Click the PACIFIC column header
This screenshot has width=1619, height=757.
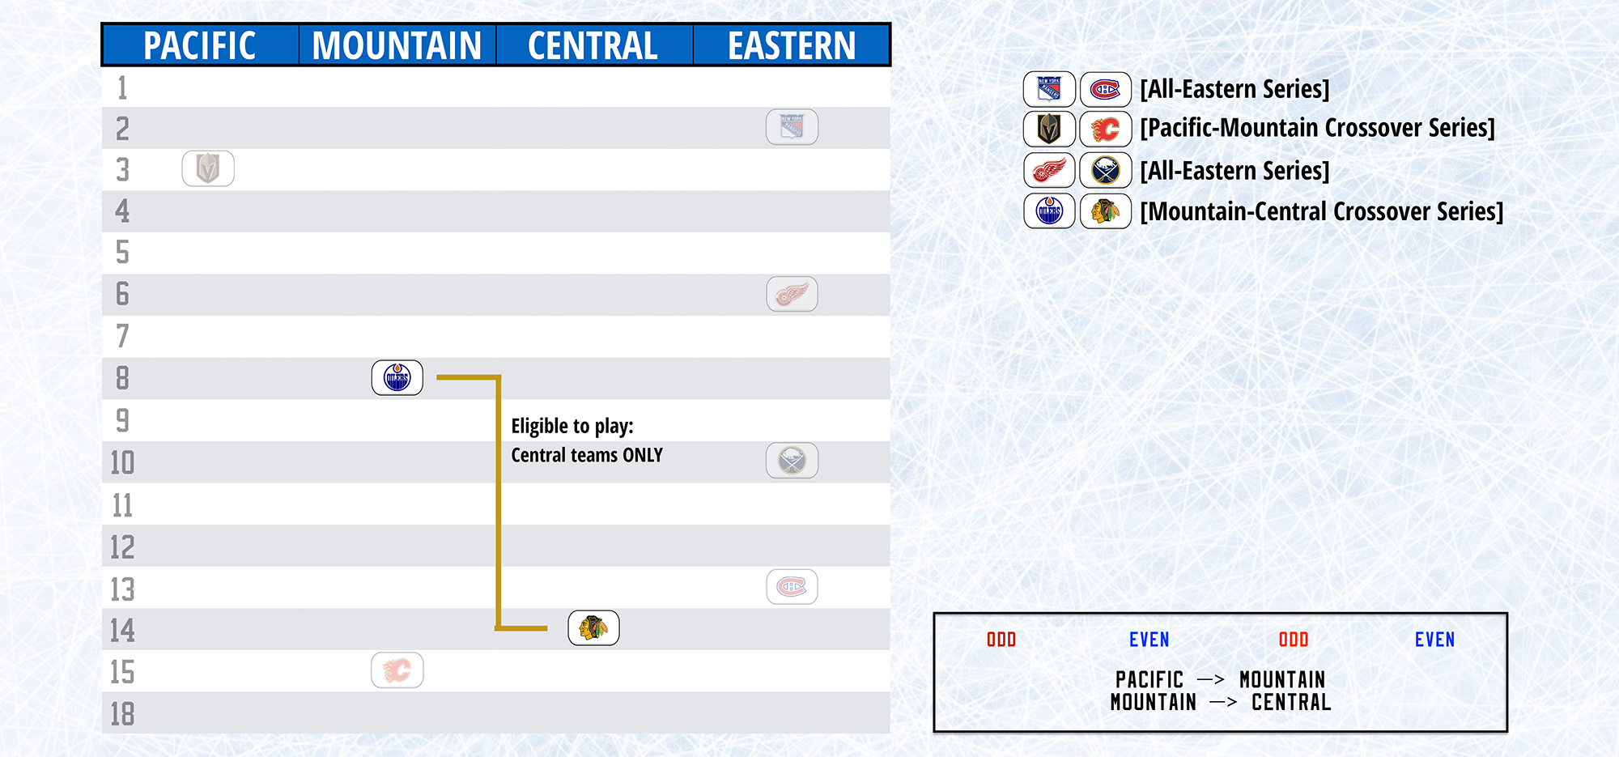[200, 45]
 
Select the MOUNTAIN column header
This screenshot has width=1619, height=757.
[397, 45]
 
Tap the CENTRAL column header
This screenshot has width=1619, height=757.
[593, 45]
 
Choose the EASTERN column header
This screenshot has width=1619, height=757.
[792, 45]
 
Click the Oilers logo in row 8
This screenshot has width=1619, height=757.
[397, 377]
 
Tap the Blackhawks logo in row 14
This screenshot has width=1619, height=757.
[594, 627]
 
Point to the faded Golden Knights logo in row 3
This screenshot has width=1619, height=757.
[208, 168]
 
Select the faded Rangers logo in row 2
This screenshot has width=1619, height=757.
[793, 127]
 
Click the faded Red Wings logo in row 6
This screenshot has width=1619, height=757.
[793, 294]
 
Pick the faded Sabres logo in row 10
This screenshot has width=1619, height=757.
[793, 461]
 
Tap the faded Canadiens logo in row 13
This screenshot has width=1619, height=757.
[793, 587]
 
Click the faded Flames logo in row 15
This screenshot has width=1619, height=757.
[397, 670]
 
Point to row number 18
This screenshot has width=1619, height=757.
[122, 714]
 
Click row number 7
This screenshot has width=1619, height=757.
[122, 336]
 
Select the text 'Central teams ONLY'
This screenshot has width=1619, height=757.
[587, 455]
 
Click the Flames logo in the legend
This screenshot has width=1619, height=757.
[1106, 129]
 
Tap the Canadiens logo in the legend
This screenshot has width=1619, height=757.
[1106, 89]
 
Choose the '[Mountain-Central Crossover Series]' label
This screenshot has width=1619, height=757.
[1322, 211]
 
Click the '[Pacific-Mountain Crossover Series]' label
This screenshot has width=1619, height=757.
[1318, 128]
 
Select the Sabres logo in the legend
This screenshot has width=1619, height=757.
[1106, 170]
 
